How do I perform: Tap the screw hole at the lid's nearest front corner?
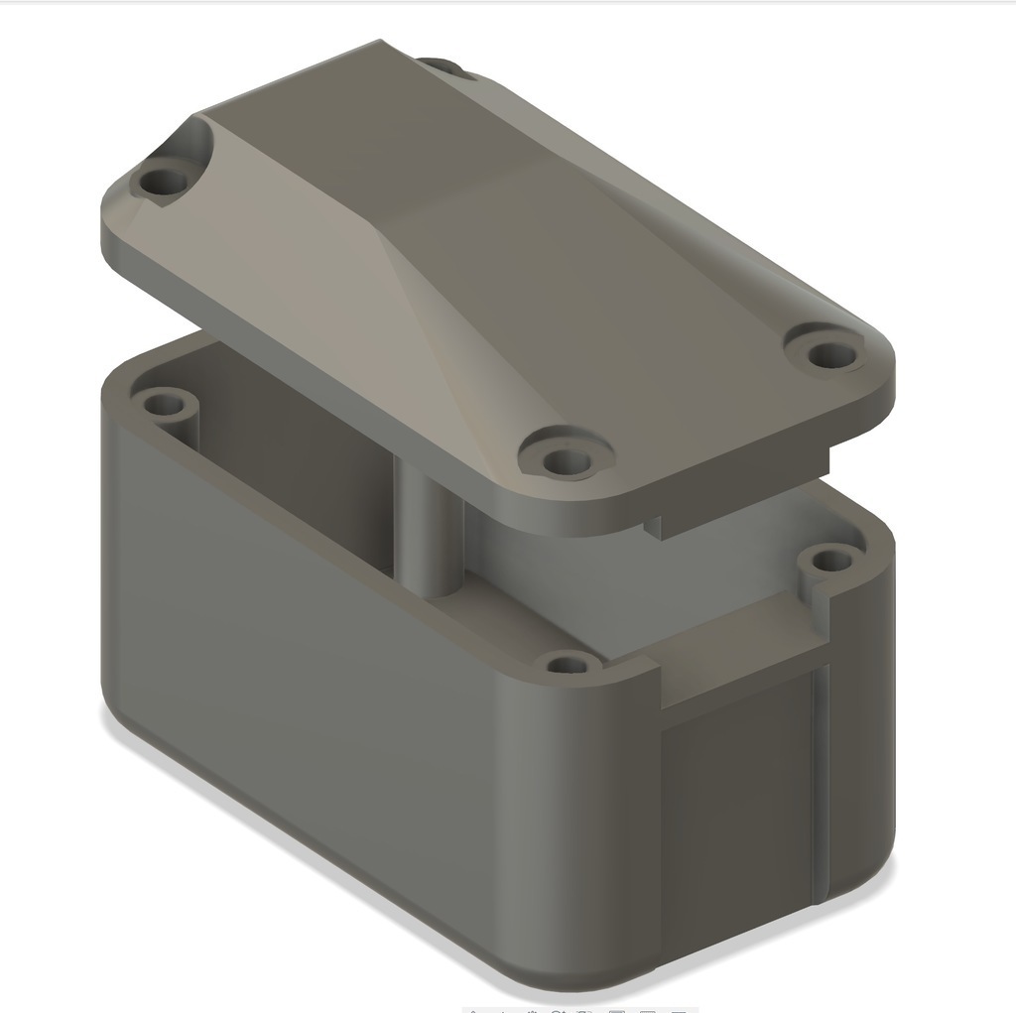click(563, 459)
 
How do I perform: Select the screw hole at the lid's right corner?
click(823, 351)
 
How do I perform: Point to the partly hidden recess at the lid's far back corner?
click(451, 66)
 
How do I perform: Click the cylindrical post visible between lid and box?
click(430, 536)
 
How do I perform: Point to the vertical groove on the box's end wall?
click(820, 784)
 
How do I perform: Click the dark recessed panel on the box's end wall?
click(734, 814)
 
